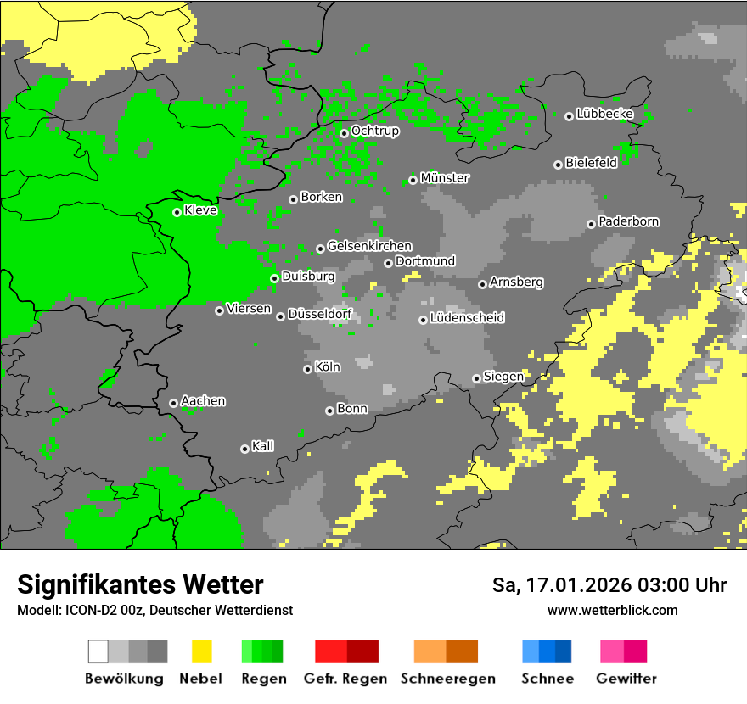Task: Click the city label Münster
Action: coord(445,178)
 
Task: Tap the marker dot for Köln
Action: coord(307,369)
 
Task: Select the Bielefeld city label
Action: coord(591,163)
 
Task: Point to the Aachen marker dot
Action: coord(174,403)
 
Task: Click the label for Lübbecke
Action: coord(604,114)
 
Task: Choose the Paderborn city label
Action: coord(628,221)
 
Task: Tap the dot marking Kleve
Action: coord(177,212)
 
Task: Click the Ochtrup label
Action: coord(374,131)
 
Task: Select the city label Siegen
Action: coord(503,377)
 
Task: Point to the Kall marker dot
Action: coord(245,449)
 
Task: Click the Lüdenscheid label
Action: coord(467,318)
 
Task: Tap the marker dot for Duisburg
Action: coord(274,278)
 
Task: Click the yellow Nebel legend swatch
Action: coord(201,651)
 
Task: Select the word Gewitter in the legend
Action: coord(626,679)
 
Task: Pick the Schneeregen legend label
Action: coord(447,679)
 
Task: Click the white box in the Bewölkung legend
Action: coord(98,651)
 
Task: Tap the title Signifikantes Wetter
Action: coord(140,585)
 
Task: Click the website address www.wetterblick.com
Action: coord(612,611)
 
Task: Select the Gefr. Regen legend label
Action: coord(345,679)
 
